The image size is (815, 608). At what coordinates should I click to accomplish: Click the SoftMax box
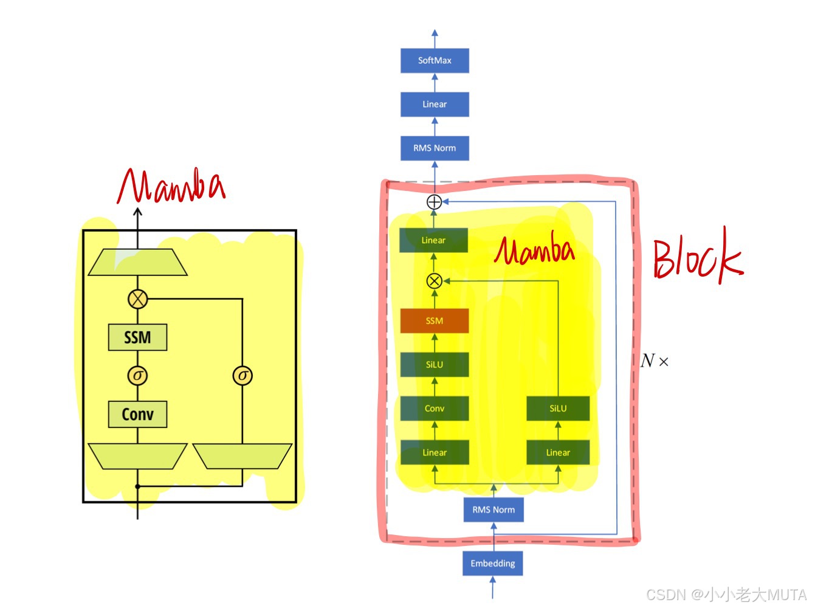point(435,61)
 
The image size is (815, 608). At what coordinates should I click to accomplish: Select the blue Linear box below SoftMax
point(435,105)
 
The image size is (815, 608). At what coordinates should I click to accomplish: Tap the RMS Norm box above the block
point(435,148)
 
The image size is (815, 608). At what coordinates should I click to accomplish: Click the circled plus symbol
point(434,202)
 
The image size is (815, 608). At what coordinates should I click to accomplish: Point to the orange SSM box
point(434,321)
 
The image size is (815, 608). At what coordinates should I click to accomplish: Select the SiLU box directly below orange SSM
point(434,365)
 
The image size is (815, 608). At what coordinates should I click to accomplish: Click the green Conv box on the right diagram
point(434,409)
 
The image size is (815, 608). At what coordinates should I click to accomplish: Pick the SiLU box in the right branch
point(558,409)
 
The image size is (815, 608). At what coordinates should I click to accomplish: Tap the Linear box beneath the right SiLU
point(558,452)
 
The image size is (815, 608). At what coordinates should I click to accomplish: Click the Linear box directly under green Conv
point(434,452)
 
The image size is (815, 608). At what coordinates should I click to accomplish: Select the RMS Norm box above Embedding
point(493,510)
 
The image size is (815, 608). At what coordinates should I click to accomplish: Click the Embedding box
point(492,563)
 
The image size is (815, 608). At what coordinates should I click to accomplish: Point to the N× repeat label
point(654,361)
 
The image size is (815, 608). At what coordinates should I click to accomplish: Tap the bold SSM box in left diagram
point(137,337)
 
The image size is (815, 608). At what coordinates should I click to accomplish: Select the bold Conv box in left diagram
point(137,414)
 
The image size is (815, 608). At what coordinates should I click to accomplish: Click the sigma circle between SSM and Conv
point(137,376)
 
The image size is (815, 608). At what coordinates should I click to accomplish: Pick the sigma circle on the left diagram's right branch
point(242,376)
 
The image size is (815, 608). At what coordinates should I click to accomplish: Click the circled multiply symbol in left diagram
point(138,299)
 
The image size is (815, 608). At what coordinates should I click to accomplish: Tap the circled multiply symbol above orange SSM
point(434,281)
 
